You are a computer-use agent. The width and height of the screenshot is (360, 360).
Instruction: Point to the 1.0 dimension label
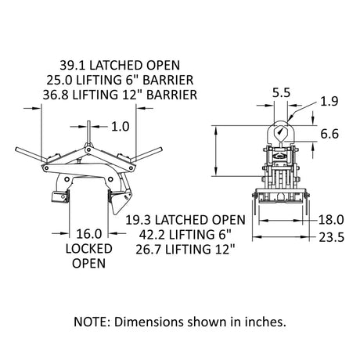click(121, 127)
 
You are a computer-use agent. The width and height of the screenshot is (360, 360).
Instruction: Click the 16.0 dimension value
click(89, 234)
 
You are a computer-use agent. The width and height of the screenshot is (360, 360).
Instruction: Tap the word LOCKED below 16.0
click(89, 249)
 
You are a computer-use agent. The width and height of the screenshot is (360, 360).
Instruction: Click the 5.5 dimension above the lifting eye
click(282, 92)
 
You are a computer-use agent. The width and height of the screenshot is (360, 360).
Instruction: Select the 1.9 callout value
click(329, 101)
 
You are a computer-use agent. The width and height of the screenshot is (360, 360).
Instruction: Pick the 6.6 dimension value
click(329, 134)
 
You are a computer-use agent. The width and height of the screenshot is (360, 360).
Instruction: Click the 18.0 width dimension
click(331, 220)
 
